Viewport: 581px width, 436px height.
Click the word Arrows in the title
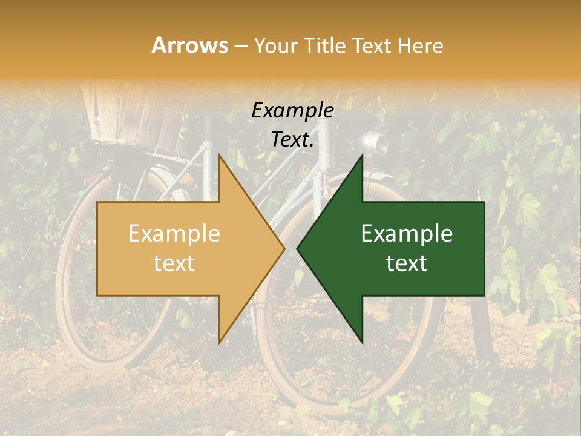pos(189,45)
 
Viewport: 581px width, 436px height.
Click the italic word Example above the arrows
pos(292,111)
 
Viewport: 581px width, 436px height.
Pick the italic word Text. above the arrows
pos(292,140)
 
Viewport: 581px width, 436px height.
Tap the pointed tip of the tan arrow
pos(283,248)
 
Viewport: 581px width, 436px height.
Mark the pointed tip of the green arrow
pos(299,248)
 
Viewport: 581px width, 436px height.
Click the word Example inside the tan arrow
pos(174,234)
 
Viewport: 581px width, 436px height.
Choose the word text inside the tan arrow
pos(174,263)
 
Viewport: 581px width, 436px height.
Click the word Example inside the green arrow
pos(407,234)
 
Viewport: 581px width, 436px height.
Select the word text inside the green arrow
pos(407,263)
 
